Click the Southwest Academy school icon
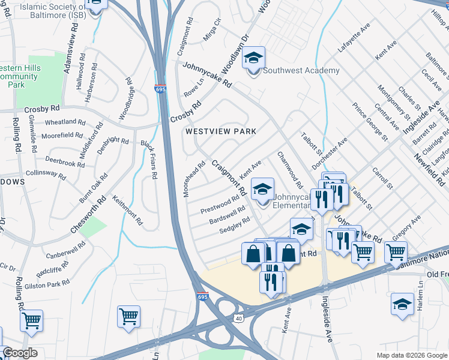click(254, 59)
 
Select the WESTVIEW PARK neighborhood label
click(220, 131)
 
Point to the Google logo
click(20, 353)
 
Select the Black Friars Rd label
click(148, 160)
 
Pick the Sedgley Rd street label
click(235, 224)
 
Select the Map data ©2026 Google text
click(411, 355)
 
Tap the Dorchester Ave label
click(330, 153)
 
